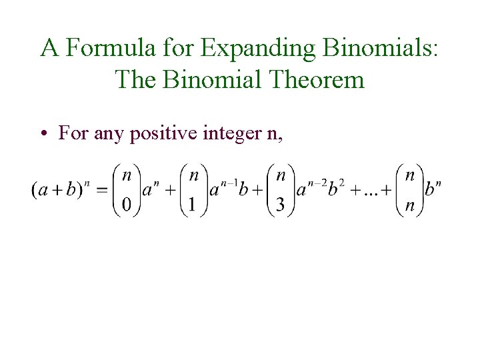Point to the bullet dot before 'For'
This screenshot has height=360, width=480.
[42, 134]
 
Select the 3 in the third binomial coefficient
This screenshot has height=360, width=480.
[280, 205]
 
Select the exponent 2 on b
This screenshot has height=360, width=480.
[342, 181]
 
